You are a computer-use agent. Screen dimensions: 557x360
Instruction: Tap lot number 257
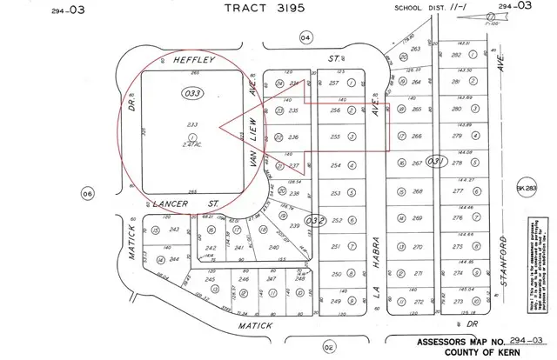332,83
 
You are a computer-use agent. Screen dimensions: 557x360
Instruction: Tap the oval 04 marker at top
305,37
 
